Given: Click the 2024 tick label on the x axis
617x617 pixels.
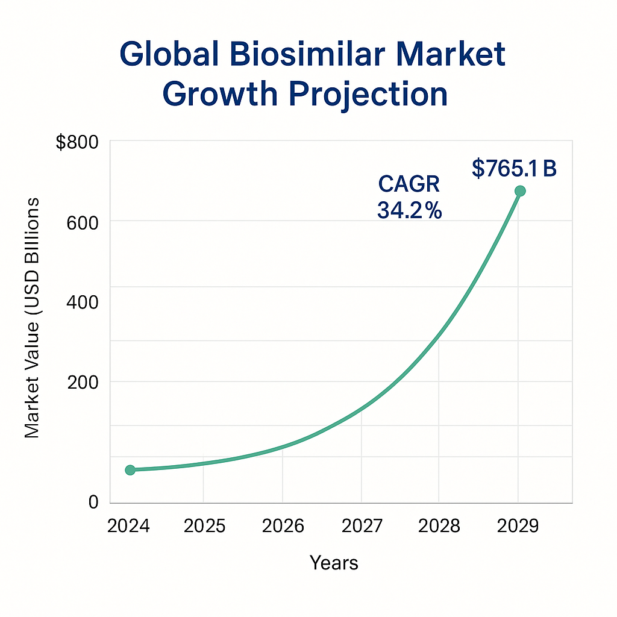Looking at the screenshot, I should (128, 526).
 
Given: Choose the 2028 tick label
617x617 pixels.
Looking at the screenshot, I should (439, 526).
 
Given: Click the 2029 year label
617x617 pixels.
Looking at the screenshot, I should (518, 526).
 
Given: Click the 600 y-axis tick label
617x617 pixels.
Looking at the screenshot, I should (83, 222).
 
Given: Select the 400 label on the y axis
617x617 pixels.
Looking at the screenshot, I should (83, 302).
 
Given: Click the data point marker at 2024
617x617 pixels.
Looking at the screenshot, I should (130, 470).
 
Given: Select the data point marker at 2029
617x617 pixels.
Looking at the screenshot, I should (520, 191).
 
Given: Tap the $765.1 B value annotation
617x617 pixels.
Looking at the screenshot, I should (514, 169).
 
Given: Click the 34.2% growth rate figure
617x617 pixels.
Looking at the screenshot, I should (409, 210).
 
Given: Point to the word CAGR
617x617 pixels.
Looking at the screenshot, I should (409, 184).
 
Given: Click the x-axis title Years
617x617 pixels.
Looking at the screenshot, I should (334, 563).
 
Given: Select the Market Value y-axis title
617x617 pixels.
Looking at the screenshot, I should (32, 317).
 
